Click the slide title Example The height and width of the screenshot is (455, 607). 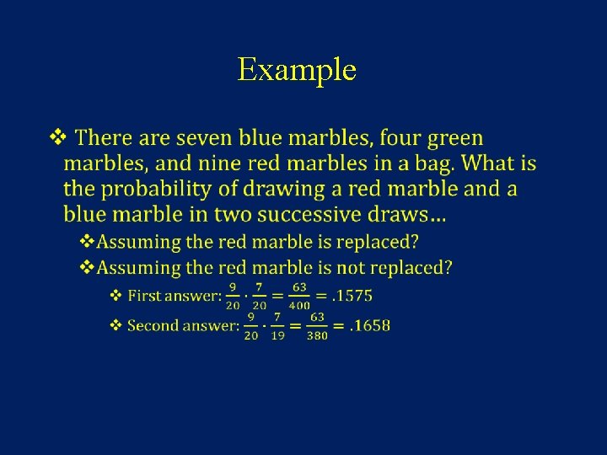tap(297, 69)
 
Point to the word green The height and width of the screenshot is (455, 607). tap(455, 138)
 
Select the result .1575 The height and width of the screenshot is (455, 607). tap(351, 296)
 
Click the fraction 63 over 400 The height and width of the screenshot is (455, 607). tap(299, 297)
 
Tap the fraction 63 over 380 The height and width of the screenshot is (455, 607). tap(318, 326)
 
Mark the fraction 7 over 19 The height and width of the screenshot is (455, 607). tap(277, 326)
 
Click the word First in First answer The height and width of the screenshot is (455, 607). tap(143, 296)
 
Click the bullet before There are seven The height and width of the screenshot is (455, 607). tap(57, 136)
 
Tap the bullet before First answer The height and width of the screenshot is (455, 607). tap(116, 296)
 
